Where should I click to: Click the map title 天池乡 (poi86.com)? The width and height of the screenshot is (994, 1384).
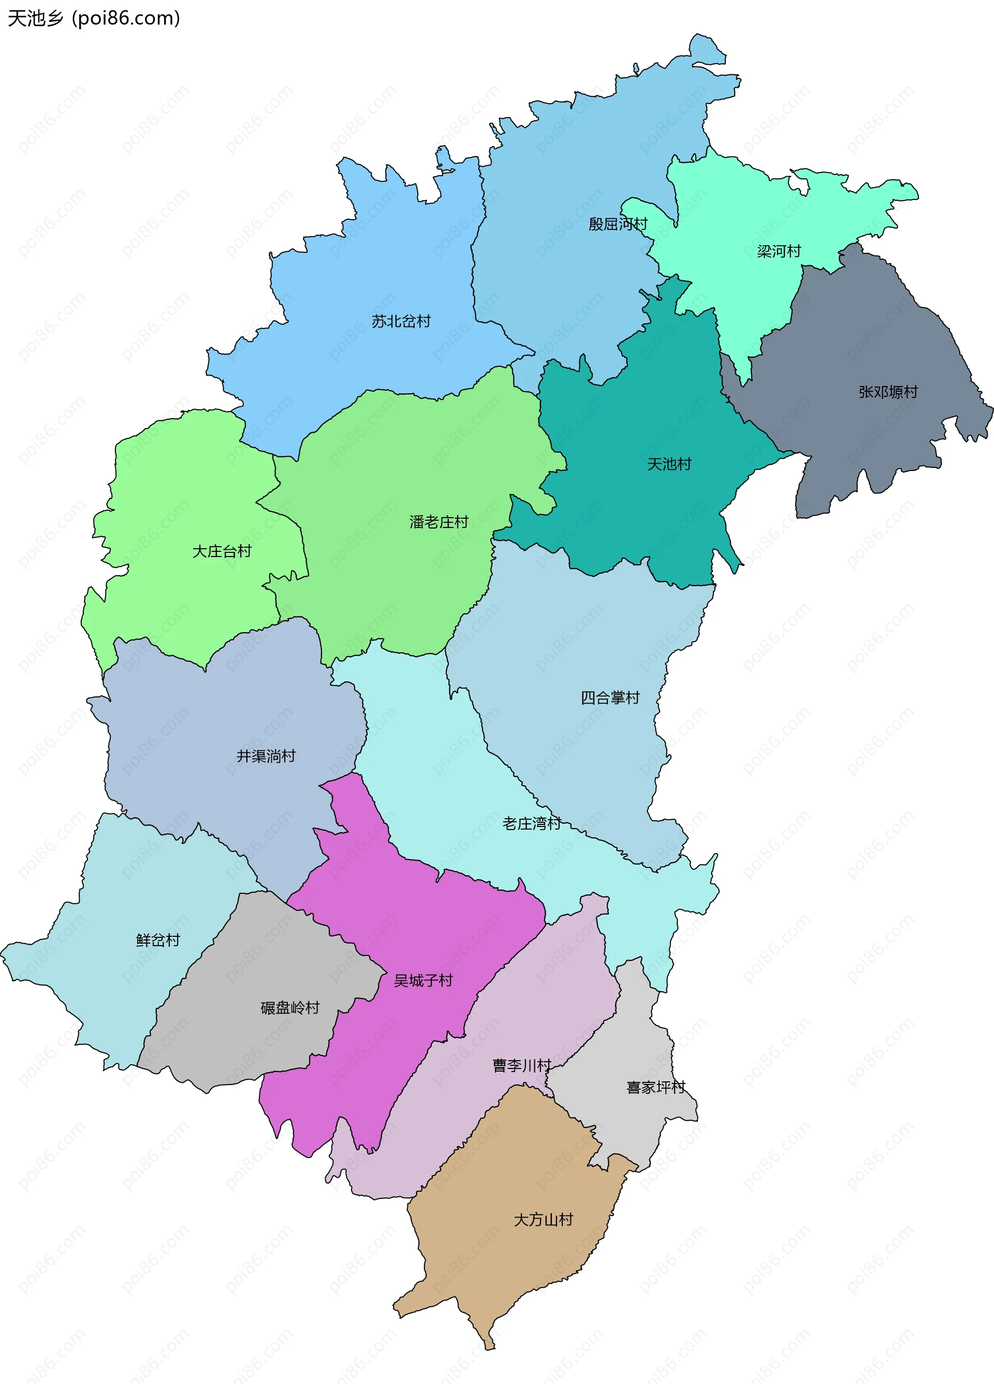click(x=93, y=18)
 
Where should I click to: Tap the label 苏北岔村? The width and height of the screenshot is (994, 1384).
click(x=401, y=321)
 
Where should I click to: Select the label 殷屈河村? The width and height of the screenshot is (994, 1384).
click(x=617, y=224)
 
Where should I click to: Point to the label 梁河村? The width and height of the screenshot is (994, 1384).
click(x=778, y=251)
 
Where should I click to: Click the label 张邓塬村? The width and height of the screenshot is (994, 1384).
click(x=887, y=392)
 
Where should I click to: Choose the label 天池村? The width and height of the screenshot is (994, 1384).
click(x=669, y=464)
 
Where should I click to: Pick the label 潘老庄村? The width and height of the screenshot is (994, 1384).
click(x=438, y=522)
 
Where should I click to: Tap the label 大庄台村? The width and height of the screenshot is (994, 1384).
click(x=222, y=551)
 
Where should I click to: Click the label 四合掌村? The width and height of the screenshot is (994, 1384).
click(x=609, y=697)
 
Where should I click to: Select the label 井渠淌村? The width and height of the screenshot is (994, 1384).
click(x=266, y=756)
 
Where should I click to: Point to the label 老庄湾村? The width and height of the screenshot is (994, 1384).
click(x=531, y=823)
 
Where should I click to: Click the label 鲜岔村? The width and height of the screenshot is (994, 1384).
click(x=158, y=940)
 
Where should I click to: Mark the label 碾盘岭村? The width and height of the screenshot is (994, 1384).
click(x=290, y=1007)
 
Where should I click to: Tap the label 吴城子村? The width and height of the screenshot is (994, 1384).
click(x=422, y=980)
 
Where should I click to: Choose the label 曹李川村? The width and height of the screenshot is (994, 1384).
click(x=521, y=1065)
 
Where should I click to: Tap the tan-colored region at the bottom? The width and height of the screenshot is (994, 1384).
click(x=518, y=1269)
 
